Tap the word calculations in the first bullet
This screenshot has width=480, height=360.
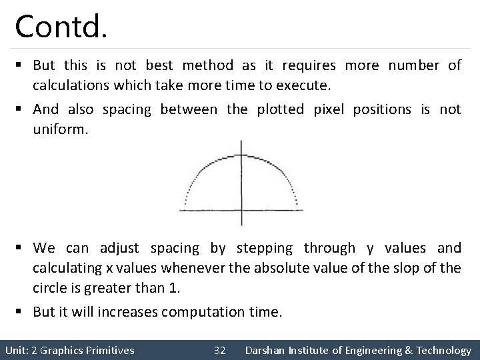(70, 85)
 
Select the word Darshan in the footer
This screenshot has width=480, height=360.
(266, 349)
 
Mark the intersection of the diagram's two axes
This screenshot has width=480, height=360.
(241, 210)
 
